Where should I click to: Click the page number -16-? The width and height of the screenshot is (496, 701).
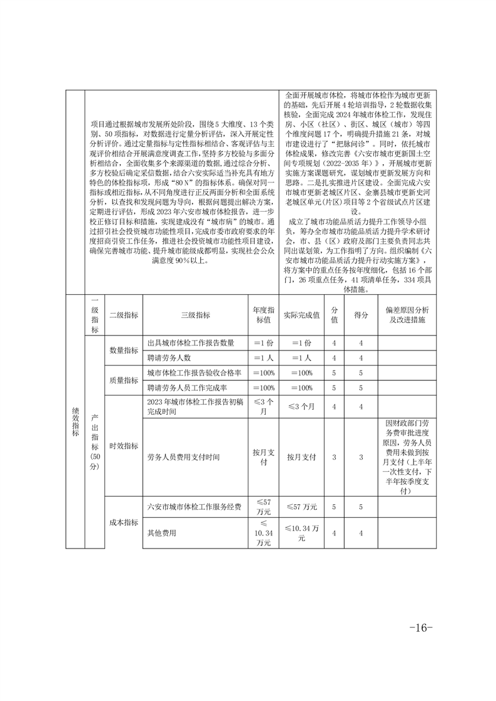pos(420,628)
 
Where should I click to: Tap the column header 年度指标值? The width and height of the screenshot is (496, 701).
pos(264,316)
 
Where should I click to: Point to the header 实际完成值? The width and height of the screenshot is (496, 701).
pos(301,316)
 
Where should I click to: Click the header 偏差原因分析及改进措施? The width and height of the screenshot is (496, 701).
pos(407,316)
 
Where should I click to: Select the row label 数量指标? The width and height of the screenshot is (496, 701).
pos(124,350)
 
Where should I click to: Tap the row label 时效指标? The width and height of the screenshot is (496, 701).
pos(124,446)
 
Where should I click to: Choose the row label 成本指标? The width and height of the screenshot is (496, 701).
pos(124,522)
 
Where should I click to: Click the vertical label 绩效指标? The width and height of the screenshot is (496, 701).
pos(75,422)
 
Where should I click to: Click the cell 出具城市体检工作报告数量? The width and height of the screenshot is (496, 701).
pos(191,343)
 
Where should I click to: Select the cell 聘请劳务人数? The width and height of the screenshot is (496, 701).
pos(169,358)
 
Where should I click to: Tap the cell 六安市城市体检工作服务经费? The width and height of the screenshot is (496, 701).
pos(194,507)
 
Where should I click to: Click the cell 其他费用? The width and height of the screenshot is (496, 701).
pos(162,533)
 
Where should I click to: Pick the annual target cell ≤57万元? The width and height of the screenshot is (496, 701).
pos(264,507)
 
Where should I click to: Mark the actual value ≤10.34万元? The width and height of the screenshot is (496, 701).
pos(301,533)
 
